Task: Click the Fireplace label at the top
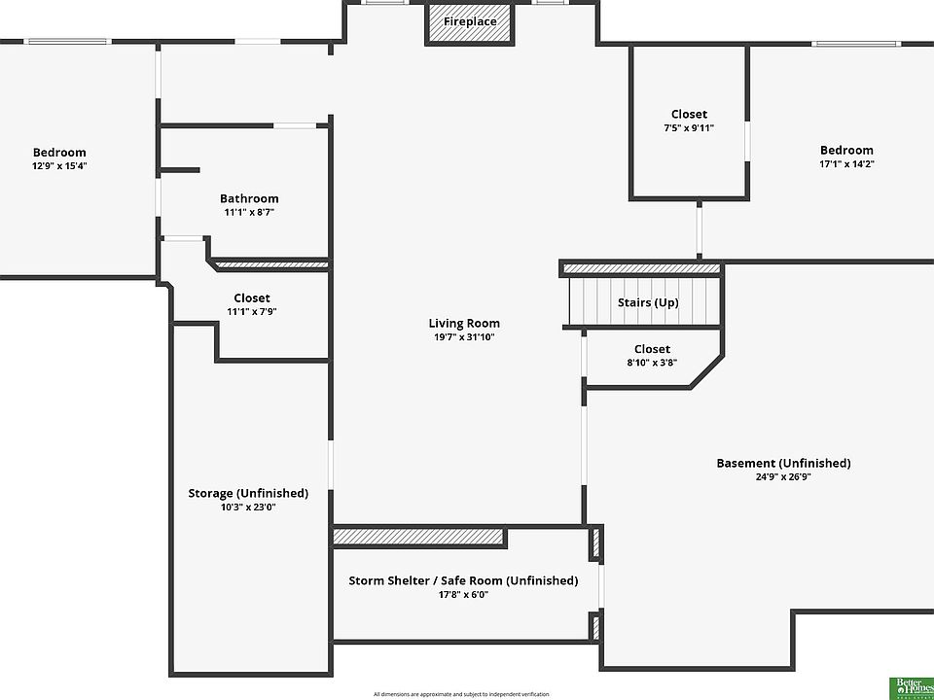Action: [x=470, y=21]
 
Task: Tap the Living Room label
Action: [x=464, y=324]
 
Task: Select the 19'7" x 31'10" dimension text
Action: [x=464, y=337]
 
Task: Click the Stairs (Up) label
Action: [x=648, y=302]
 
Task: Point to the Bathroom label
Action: [x=249, y=198]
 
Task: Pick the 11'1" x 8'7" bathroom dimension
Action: [x=249, y=212]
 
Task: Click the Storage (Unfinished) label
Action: [x=248, y=493]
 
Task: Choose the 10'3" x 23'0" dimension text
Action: [x=248, y=507]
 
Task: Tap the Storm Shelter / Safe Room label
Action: [x=463, y=580]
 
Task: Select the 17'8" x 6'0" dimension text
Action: [x=463, y=594]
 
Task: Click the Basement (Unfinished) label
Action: [x=783, y=463]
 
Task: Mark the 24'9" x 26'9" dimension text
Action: [x=783, y=476]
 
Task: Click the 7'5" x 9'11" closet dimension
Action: [x=689, y=127]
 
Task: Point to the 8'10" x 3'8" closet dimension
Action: [x=652, y=363]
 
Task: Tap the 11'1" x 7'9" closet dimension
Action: [x=252, y=311]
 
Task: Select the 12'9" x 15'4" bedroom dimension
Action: [x=59, y=165]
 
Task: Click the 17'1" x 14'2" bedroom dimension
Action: [x=846, y=163]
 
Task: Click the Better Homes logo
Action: [x=912, y=686]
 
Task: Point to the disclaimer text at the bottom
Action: [x=461, y=694]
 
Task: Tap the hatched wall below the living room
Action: [x=419, y=537]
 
